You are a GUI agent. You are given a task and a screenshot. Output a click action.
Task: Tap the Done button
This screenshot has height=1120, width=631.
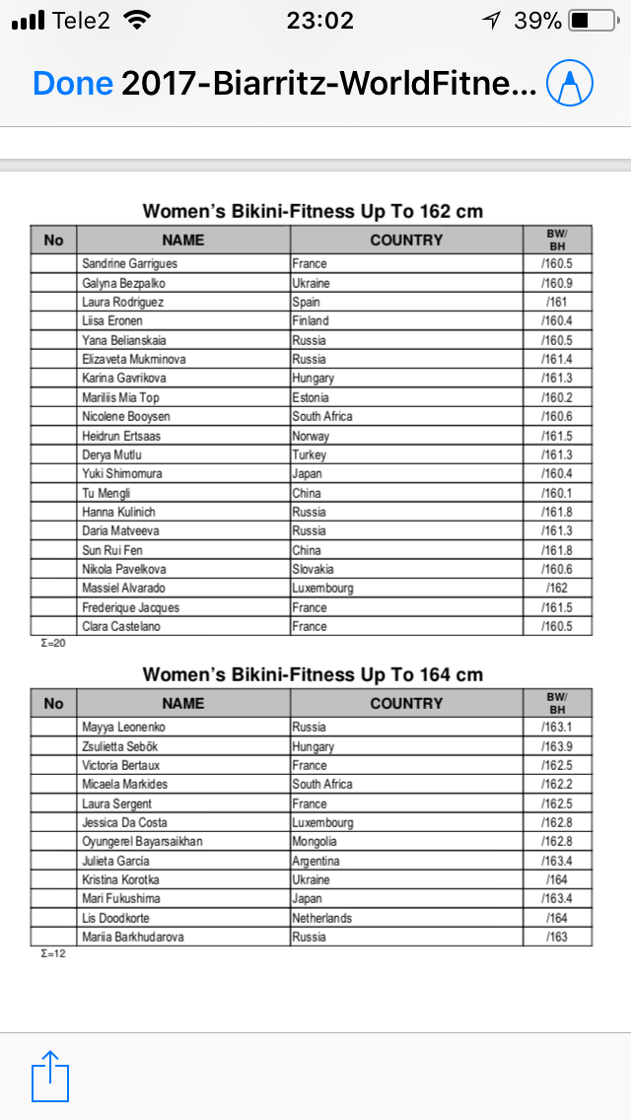[x=72, y=84]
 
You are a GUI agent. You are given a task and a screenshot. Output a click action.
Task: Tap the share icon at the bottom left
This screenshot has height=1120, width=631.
[x=50, y=1076]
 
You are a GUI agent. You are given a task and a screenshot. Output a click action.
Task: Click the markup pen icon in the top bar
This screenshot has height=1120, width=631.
[x=571, y=85]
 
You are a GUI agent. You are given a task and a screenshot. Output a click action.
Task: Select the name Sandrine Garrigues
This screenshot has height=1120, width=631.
[x=130, y=264]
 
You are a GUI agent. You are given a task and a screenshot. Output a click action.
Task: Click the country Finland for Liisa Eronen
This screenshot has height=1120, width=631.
[x=311, y=321]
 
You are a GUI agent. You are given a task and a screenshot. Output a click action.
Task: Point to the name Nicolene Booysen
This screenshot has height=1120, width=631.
[x=126, y=417]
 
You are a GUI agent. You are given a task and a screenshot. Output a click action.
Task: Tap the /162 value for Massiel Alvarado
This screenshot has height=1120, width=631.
[x=557, y=589]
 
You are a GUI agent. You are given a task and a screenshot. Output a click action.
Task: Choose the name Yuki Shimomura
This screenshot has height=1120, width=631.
[x=122, y=474]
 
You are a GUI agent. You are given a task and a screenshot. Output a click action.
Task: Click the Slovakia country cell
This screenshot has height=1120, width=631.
[x=314, y=570]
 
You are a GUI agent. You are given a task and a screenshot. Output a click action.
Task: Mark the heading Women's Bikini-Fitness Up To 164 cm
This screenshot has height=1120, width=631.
[x=313, y=674]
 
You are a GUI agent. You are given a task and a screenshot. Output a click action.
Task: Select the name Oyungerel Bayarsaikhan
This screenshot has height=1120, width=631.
[x=143, y=842]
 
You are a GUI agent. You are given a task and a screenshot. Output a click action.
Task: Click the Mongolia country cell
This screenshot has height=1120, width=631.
[x=315, y=842]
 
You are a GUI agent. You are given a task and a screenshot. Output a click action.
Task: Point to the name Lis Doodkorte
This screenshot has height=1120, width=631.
[x=117, y=918]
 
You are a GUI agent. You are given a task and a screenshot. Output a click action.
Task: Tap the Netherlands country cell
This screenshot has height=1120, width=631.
[x=322, y=918]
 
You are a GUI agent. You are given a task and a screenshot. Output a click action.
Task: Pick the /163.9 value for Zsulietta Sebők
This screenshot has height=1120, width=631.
[x=557, y=747]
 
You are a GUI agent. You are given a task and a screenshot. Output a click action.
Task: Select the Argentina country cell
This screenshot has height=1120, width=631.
[x=317, y=861]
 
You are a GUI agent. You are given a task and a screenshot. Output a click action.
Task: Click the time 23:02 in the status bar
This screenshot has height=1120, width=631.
[x=319, y=20]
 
